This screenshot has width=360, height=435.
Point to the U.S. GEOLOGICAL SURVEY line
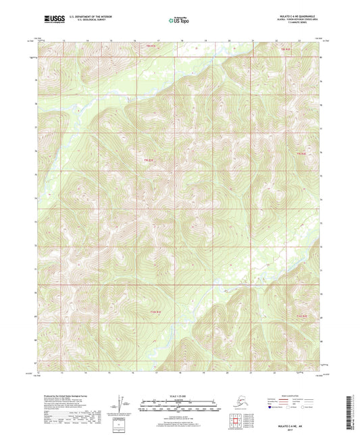point(86,18)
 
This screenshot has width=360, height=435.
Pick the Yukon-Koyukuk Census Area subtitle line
point(298,19)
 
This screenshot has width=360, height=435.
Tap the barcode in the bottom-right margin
point(355,408)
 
